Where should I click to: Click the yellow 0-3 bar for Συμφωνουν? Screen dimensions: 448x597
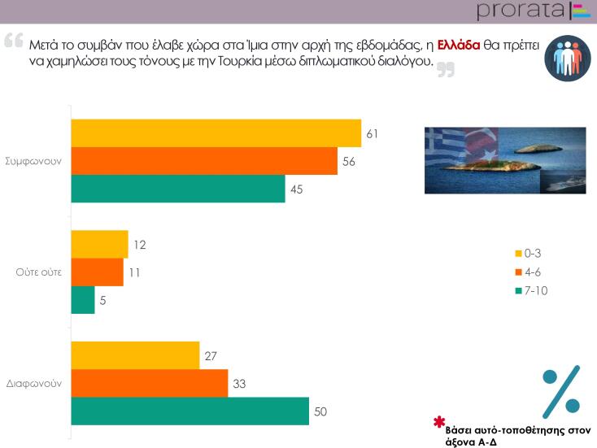click(216, 133)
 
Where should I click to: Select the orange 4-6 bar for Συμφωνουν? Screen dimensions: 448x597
click(204, 161)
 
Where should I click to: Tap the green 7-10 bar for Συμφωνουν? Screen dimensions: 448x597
click(178, 189)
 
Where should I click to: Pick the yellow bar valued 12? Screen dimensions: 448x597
click(99, 244)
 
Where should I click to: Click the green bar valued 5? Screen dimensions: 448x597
click(83, 299)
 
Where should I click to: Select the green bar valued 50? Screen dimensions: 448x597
click(190, 411)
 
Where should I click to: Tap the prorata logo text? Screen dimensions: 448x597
click(521, 11)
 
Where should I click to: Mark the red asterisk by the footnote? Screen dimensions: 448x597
click(439, 422)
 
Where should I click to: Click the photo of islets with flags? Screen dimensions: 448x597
click(505, 159)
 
